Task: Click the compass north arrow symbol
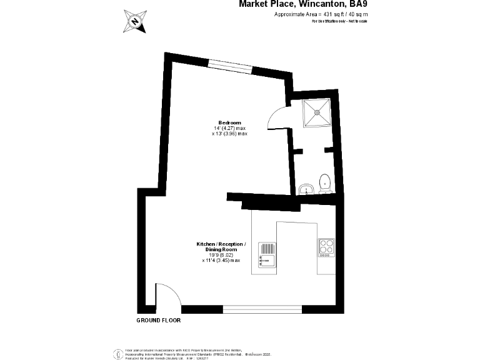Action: pyautogui.click(x=135, y=21)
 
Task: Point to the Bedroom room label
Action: pyautogui.click(x=229, y=122)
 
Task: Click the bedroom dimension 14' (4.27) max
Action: pyautogui.click(x=229, y=128)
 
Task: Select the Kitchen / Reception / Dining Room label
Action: pyautogui.click(x=221, y=247)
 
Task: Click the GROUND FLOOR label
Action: pyautogui.click(x=158, y=320)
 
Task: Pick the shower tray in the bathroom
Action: pyautogui.click(x=318, y=113)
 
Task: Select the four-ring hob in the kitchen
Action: pyautogui.click(x=326, y=247)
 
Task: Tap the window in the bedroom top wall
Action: pyautogui.click(x=230, y=64)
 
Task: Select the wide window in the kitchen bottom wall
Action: pyautogui.click(x=262, y=309)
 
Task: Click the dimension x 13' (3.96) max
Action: pyautogui.click(x=229, y=134)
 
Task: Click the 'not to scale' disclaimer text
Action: pyautogui.click(x=339, y=21)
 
